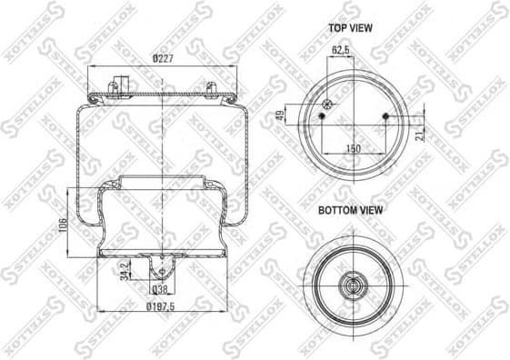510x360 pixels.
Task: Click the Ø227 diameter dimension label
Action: click(163, 59)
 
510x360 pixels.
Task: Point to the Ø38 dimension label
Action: click(160, 291)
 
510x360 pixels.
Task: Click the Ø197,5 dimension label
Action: click(160, 307)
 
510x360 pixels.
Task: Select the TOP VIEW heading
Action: click(350, 28)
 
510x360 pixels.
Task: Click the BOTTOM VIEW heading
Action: click(350, 210)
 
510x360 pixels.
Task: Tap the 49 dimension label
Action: click(281, 115)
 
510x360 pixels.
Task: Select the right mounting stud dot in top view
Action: click(386, 116)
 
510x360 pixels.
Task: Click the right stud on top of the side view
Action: click(211, 87)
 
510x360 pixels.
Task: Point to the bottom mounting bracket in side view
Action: click(162, 267)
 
